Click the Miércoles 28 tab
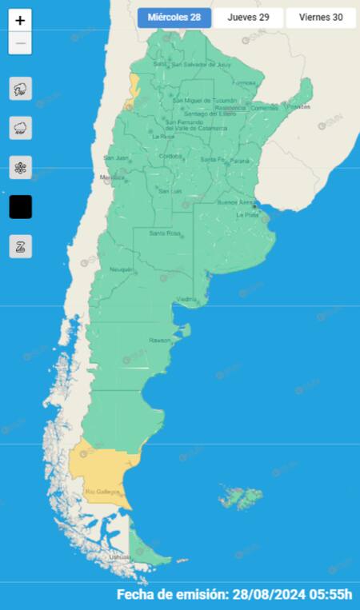point(174,18)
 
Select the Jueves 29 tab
point(248,18)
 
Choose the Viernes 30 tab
point(321,18)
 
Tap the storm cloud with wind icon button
point(21,89)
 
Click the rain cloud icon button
point(21,128)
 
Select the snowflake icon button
point(21,167)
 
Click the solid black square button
point(21,207)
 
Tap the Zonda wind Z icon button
point(21,246)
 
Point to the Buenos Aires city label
point(238,203)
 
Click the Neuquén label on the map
point(122,269)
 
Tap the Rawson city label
point(160,341)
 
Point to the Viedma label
point(187,300)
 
